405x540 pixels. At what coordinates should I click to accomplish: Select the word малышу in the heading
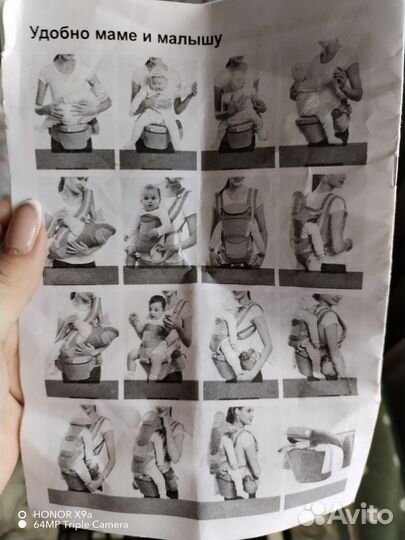[189, 39]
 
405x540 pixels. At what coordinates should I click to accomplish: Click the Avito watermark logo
[345, 514]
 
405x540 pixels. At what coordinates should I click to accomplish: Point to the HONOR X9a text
[62, 515]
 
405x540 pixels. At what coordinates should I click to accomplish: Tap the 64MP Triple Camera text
[80, 525]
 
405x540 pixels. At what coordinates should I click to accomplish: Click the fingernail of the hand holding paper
[23, 227]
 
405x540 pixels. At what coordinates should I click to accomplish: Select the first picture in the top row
[73, 103]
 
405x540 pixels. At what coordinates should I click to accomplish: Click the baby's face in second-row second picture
[150, 197]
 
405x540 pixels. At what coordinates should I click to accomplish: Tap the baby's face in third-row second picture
[157, 306]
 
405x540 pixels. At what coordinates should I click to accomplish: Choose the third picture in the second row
[237, 223]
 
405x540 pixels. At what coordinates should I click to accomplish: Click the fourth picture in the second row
[321, 222]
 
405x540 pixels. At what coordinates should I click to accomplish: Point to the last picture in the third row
[318, 337]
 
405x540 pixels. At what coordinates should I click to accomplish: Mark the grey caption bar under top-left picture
[75, 159]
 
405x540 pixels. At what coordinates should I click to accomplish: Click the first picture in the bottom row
[86, 448]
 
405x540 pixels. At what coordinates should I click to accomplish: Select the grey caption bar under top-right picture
[323, 155]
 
